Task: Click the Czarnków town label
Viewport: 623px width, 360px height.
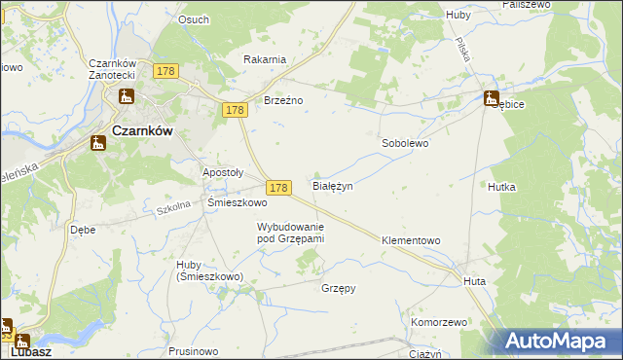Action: point(143,133)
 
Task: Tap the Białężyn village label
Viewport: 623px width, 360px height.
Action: point(331,185)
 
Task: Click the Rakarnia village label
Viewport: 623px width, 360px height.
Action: point(265,59)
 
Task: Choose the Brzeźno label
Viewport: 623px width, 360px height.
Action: point(284,99)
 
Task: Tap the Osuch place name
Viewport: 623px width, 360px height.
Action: point(194,19)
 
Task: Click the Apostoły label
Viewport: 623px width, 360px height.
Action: point(222,172)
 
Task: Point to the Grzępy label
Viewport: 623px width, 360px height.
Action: point(338,288)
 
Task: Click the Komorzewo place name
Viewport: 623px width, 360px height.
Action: point(440,321)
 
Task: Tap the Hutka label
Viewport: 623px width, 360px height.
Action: point(502,186)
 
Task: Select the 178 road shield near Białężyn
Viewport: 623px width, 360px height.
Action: point(279,187)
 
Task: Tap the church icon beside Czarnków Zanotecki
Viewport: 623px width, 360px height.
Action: point(126,96)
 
